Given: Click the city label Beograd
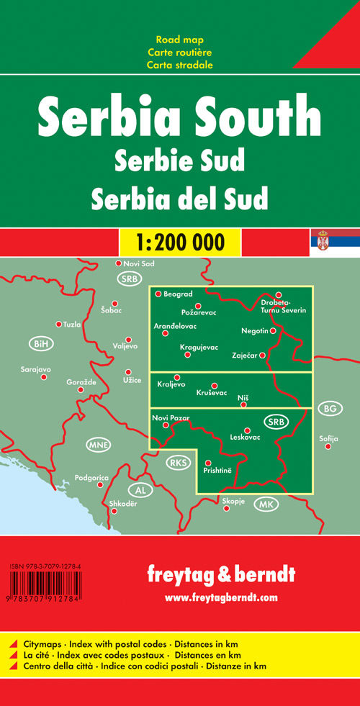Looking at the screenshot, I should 178,294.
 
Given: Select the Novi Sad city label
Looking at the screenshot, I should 139,263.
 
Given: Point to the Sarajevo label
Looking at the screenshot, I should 36,369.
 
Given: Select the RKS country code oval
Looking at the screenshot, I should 177,462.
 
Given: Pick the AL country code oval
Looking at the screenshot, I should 140,489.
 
